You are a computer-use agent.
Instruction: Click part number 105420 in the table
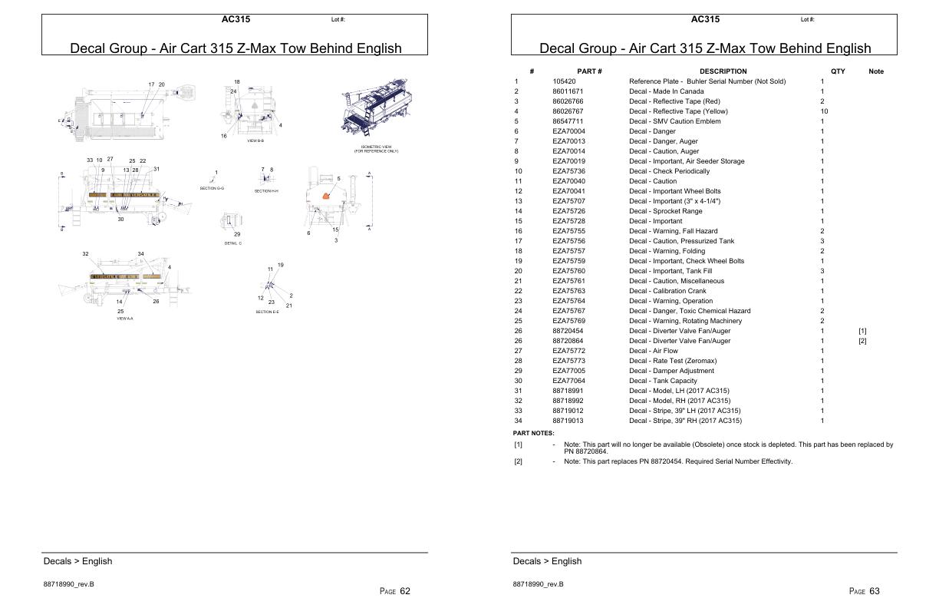click(564, 81)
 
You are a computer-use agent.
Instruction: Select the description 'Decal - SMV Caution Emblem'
click(674, 121)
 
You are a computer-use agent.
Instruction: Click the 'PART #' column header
click(589, 71)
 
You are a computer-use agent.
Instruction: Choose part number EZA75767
click(568, 311)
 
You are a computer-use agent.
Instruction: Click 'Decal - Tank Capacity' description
click(663, 381)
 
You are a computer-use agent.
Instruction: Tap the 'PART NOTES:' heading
click(533, 433)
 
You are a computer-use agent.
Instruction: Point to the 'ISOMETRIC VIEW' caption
click(376, 147)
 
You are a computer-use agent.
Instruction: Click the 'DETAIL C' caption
click(233, 243)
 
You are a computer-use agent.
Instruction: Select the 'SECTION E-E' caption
click(267, 312)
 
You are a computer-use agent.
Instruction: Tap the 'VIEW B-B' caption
click(255, 141)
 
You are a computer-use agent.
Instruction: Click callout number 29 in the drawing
click(237, 234)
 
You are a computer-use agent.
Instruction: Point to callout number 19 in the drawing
click(281, 265)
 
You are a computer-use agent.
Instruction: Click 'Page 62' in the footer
click(395, 591)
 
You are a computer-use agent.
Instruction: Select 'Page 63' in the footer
click(865, 591)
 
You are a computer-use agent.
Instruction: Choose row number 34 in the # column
click(518, 421)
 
